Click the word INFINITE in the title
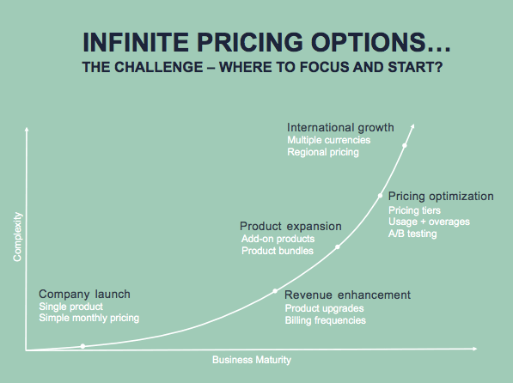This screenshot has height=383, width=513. pos(136,42)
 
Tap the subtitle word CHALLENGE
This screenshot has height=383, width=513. pos(159,67)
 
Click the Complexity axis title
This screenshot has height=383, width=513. pos(17,237)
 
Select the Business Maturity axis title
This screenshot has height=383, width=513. pos(252,360)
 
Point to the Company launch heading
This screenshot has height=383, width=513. pos(84,294)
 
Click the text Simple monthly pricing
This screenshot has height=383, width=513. pos(89,318)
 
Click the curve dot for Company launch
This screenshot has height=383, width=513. pos(82,346)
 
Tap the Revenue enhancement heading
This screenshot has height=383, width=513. pos(347,295)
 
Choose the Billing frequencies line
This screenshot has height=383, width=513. pos(325,320)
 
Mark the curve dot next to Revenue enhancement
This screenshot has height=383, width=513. pos(275,291)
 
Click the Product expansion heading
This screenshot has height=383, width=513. pos(290,226)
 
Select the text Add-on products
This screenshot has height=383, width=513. pos(278,239)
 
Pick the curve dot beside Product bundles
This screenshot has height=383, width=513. pos(338,247)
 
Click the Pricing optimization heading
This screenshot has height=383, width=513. pos(441,197)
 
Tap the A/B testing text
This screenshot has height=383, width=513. pos(412,234)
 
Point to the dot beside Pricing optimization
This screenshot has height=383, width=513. pos(380,196)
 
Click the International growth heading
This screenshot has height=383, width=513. pos(340,128)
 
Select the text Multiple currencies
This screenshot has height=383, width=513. pos(329,140)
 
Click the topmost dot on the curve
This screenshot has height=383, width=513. pos(405,145)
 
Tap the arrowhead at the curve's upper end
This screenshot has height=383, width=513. pos(413,125)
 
